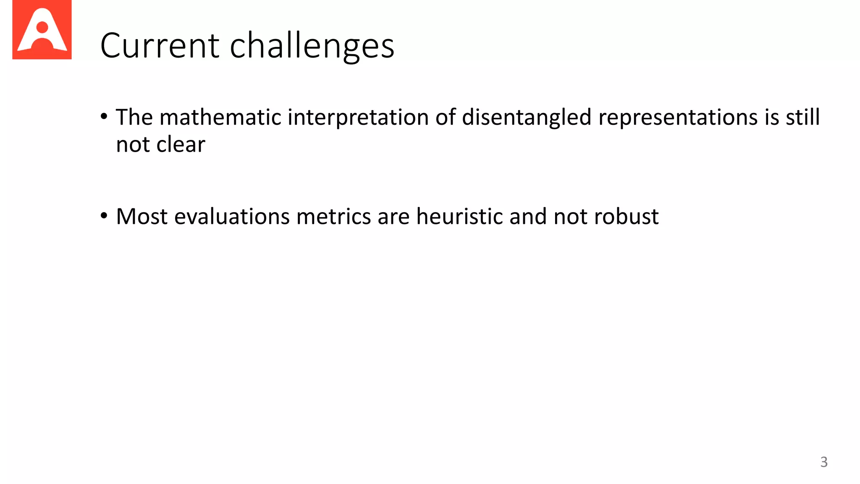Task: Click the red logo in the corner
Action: click(x=42, y=30)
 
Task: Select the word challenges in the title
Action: click(x=312, y=46)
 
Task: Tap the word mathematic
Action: click(x=220, y=117)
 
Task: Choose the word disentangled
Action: click(x=527, y=117)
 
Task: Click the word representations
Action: click(x=678, y=118)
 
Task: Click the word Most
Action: click(x=142, y=217)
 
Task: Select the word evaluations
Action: click(x=232, y=217)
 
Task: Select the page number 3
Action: click(x=823, y=462)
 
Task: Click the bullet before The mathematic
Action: click(x=104, y=116)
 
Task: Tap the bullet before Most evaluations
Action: click(x=104, y=216)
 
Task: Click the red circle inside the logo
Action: click(x=42, y=27)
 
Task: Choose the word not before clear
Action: click(x=133, y=145)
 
